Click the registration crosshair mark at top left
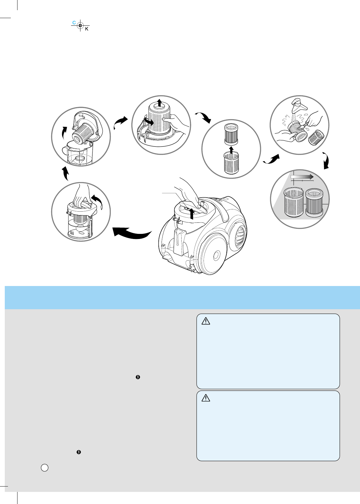[80, 25]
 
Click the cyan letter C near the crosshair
[74, 23]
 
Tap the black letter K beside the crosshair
[87, 29]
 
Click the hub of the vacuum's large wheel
[216, 255]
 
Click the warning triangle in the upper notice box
[206, 321]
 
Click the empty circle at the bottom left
[45, 467]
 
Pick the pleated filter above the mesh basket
[231, 134]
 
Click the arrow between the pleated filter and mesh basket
[232, 149]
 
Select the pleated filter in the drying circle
[314, 202]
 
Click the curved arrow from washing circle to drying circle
[326, 160]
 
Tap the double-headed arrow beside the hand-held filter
[149, 121]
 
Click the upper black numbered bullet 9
[138, 377]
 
